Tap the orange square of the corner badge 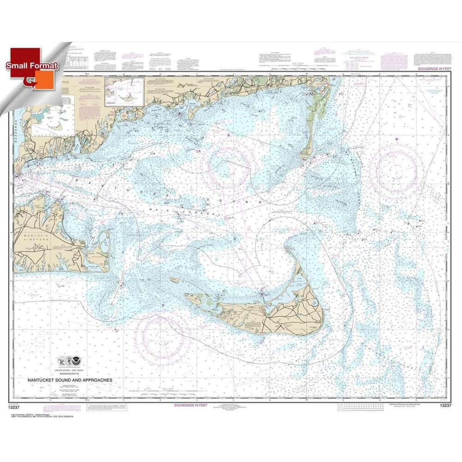point(49,79)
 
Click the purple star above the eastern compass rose point(396,139)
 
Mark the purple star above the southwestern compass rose point(163,304)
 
